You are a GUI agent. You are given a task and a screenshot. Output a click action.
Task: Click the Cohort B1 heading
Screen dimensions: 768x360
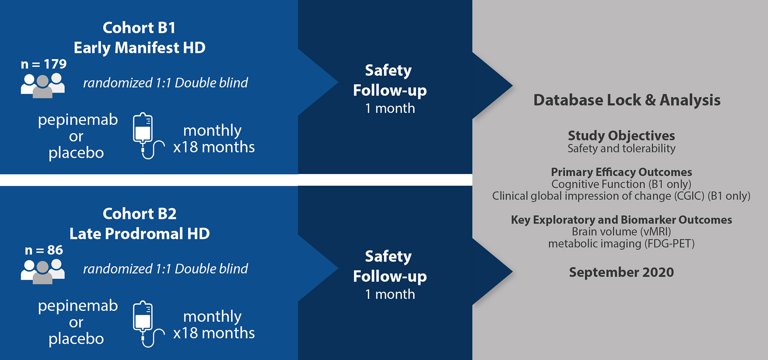click(139, 28)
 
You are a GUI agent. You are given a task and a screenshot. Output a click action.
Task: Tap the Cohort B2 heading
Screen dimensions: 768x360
click(139, 214)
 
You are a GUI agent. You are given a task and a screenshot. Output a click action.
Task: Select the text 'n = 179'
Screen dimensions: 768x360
click(44, 64)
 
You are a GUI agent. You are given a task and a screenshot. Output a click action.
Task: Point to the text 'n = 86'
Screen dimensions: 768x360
click(44, 250)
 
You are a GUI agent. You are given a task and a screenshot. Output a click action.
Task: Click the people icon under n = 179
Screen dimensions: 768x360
click(43, 86)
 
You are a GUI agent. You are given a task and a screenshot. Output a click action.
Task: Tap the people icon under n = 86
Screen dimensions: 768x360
click(43, 272)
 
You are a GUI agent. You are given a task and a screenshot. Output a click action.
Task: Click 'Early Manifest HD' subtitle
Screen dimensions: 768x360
click(139, 48)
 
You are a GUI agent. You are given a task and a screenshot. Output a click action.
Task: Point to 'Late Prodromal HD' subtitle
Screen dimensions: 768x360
click(139, 234)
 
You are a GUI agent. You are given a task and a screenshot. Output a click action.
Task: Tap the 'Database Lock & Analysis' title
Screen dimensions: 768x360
click(627, 100)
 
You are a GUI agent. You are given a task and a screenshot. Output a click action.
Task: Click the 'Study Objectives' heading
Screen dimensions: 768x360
click(621, 135)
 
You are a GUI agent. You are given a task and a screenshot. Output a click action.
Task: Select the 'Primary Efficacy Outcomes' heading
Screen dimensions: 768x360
click(621, 172)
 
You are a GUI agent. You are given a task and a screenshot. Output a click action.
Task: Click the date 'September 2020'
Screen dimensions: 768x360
click(621, 272)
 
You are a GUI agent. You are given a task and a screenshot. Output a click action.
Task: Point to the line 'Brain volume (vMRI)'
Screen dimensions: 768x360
click(621, 232)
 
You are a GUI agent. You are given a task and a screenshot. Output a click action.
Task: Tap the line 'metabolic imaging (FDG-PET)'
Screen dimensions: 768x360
click(621, 244)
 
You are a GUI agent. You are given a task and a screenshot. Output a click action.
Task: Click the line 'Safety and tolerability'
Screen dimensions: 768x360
click(621, 149)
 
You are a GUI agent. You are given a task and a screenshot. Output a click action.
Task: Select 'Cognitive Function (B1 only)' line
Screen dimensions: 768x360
click(621, 184)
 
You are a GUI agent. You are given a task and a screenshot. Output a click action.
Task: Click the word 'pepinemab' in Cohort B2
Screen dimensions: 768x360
click(78, 306)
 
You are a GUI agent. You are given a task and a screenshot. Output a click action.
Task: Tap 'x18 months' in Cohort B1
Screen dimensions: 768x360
click(214, 147)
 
